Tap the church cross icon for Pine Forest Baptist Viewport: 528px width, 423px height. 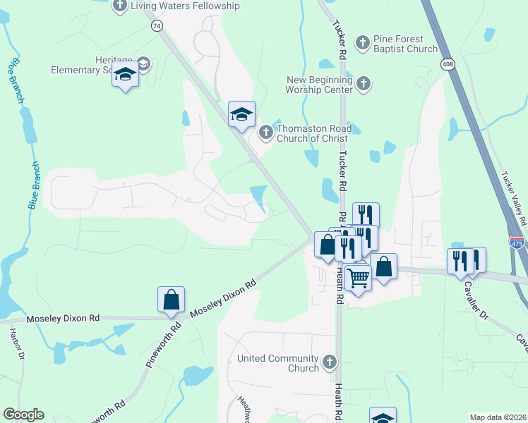[x=362, y=44]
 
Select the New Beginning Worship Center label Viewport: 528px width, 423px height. [x=318, y=85]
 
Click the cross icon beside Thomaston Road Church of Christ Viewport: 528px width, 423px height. [x=266, y=132]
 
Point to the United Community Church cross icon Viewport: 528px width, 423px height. [x=329, y=363]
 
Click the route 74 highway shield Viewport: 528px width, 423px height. [x=157, y=25]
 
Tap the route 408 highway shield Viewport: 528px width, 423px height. [x=450, y=65]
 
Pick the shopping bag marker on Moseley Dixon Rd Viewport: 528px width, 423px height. [x=171, y=300]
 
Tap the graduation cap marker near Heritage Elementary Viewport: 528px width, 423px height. [x=125, y=74]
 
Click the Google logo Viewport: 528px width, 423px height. [x=23, y=415]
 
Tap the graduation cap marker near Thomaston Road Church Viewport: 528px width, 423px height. [x=241, y=114]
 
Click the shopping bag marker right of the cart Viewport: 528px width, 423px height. [x=383, y=267]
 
